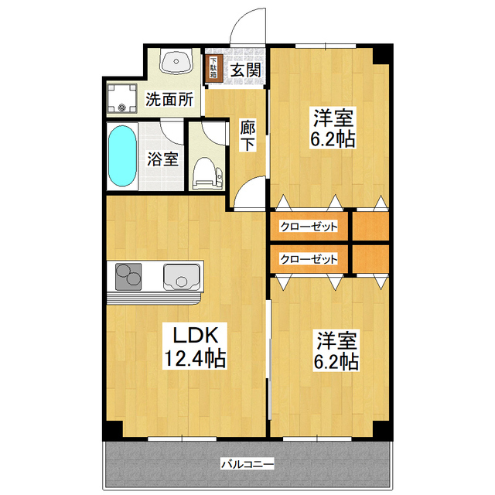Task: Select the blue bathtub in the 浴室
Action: click(122, 155)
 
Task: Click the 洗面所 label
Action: click(169, 99)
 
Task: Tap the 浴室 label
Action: click(162, 159)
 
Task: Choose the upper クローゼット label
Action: click(309, 227)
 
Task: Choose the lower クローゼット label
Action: click(309, 259)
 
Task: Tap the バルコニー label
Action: click(247, 464)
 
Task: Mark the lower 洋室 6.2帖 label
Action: click(335, 349)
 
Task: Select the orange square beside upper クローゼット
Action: click(370, 227)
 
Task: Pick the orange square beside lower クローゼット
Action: click(370, 259)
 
